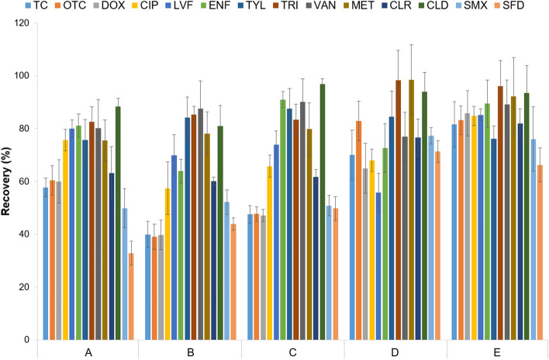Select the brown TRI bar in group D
pyautogui.click(x=399, y=209)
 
